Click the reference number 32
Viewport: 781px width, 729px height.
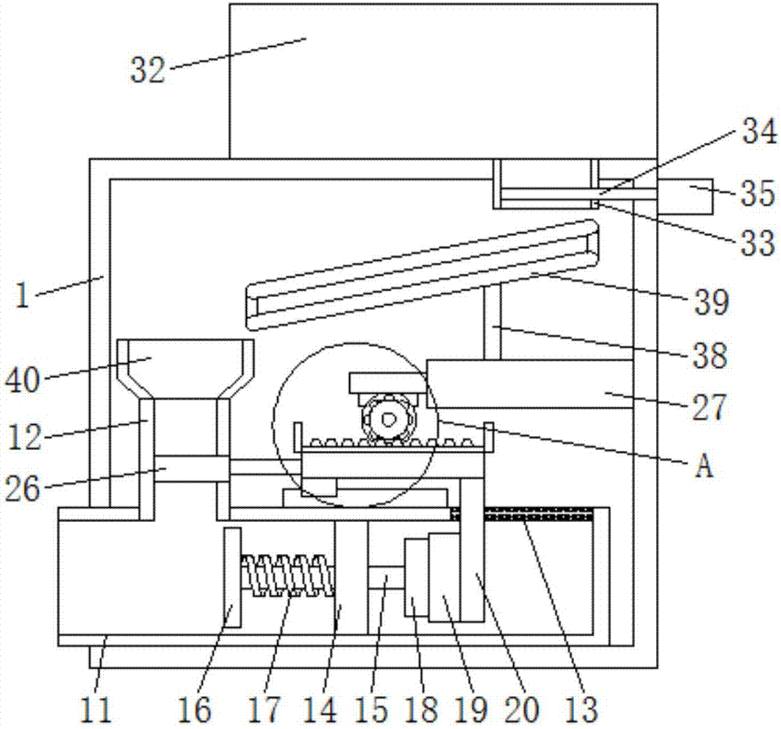pyautogui.click(x=148, y=70)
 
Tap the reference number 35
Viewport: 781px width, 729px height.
pyautogui.click(x=758, y=193)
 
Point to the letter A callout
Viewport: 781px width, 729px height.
pyautogui.click(x=704, y=467)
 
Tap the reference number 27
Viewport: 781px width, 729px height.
pyautogui.click(x=709, y=407)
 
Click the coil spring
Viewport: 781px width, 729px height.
pyautogui.click(x=287, y=575)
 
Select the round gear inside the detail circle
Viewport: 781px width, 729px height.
pyautogui.click(x=387, y=419)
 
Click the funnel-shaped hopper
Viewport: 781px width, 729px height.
pyautogui.click(x=185, y=370)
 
